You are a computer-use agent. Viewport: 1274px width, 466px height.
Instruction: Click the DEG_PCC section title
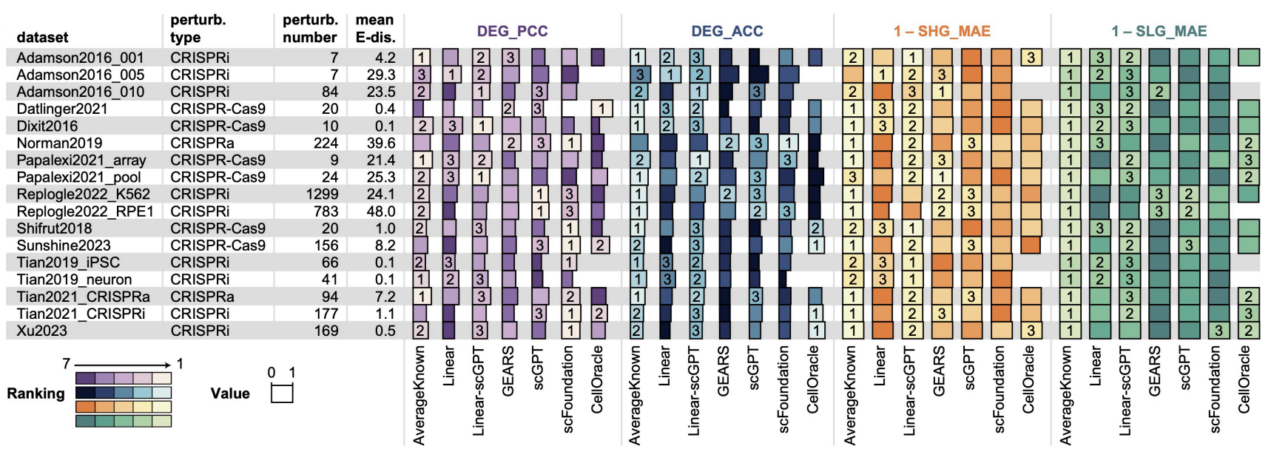click(x=512, y=31)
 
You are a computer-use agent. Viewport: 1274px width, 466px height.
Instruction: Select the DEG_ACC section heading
click(x=727, y=31)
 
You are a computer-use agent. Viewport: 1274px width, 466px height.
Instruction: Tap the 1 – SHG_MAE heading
click(x=941, y=31)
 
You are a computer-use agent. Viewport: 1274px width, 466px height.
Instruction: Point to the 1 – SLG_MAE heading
click(x=1159, y=31)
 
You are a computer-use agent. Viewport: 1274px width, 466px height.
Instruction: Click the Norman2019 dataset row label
click(x=59, y=143)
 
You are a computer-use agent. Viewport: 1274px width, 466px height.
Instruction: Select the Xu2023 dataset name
click(x=41, y=331)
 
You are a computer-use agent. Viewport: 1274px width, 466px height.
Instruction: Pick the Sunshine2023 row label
click(x=64, y=246)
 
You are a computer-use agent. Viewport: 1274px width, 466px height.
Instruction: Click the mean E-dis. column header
click(x=375, y=28)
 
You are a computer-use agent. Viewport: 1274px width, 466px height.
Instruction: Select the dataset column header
click(x=42, y=37)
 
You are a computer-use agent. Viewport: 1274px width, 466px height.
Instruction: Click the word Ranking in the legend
click(x=36, y=394)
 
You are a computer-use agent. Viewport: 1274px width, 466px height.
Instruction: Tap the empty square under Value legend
click(x=282, y=394)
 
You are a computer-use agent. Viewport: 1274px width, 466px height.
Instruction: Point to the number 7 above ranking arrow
click(x=66, y=363)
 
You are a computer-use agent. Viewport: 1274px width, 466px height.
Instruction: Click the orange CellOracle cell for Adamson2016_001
click(x=1031, y=58)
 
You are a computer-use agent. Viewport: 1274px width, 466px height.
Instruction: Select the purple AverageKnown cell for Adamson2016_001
click(x=421, y=58)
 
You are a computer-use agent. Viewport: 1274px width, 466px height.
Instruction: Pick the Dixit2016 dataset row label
click(x=47, y=126)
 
